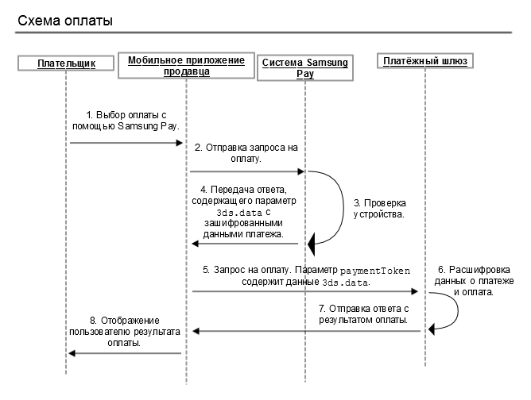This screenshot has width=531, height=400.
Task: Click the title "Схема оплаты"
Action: point(65,21)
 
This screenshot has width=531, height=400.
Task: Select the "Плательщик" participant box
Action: point(66,63)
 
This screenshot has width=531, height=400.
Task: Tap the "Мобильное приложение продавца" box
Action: point(186,66)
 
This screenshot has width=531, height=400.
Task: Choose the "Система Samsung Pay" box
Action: point(305,68)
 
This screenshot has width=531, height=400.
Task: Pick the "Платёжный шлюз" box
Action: point(425,61)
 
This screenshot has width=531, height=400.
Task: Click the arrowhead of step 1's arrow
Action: point(180,143)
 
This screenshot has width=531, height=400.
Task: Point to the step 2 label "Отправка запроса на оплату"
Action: point(246,153)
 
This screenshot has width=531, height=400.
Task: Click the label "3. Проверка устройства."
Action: point(379,209)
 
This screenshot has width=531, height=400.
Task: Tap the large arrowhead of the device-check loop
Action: point(312,244)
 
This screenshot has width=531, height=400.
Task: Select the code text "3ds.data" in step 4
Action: point(239,213)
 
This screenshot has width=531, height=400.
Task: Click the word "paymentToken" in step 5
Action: point(375,271)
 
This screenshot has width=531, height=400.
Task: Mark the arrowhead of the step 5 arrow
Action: point(414,291)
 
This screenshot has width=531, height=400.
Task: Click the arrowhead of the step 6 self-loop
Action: point(431,329)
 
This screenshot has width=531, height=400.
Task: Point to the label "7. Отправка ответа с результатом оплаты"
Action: point(364,314)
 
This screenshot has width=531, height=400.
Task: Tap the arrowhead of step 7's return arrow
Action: point(196,331)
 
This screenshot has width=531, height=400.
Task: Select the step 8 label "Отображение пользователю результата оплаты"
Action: point(125,332)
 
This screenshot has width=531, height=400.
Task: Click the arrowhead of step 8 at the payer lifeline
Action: point(72,353)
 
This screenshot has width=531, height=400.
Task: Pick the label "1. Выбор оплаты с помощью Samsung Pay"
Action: point(126,121)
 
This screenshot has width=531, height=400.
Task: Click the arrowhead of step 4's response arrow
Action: point(195,244)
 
